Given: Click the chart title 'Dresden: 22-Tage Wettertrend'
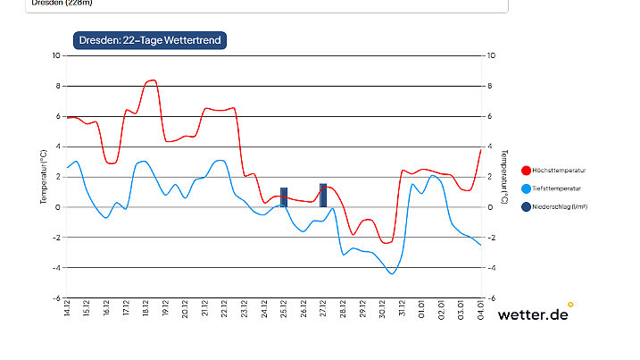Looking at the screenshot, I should tap(149, 40).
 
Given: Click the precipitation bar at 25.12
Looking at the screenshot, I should tap(284, 197).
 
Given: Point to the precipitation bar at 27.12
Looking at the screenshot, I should tap(323, 195).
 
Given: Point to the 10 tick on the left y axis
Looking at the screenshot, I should tap(55, 55).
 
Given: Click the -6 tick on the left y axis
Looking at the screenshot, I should tap(55, 298).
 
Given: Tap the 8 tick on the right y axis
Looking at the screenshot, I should tap(489, 86).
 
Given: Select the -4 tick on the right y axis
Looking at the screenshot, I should tap(491, 268).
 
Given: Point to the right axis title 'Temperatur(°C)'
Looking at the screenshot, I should tap(504, 177).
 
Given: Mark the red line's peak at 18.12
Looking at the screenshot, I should tap(152, 80).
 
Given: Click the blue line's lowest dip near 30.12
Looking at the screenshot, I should tap(391, 273).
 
